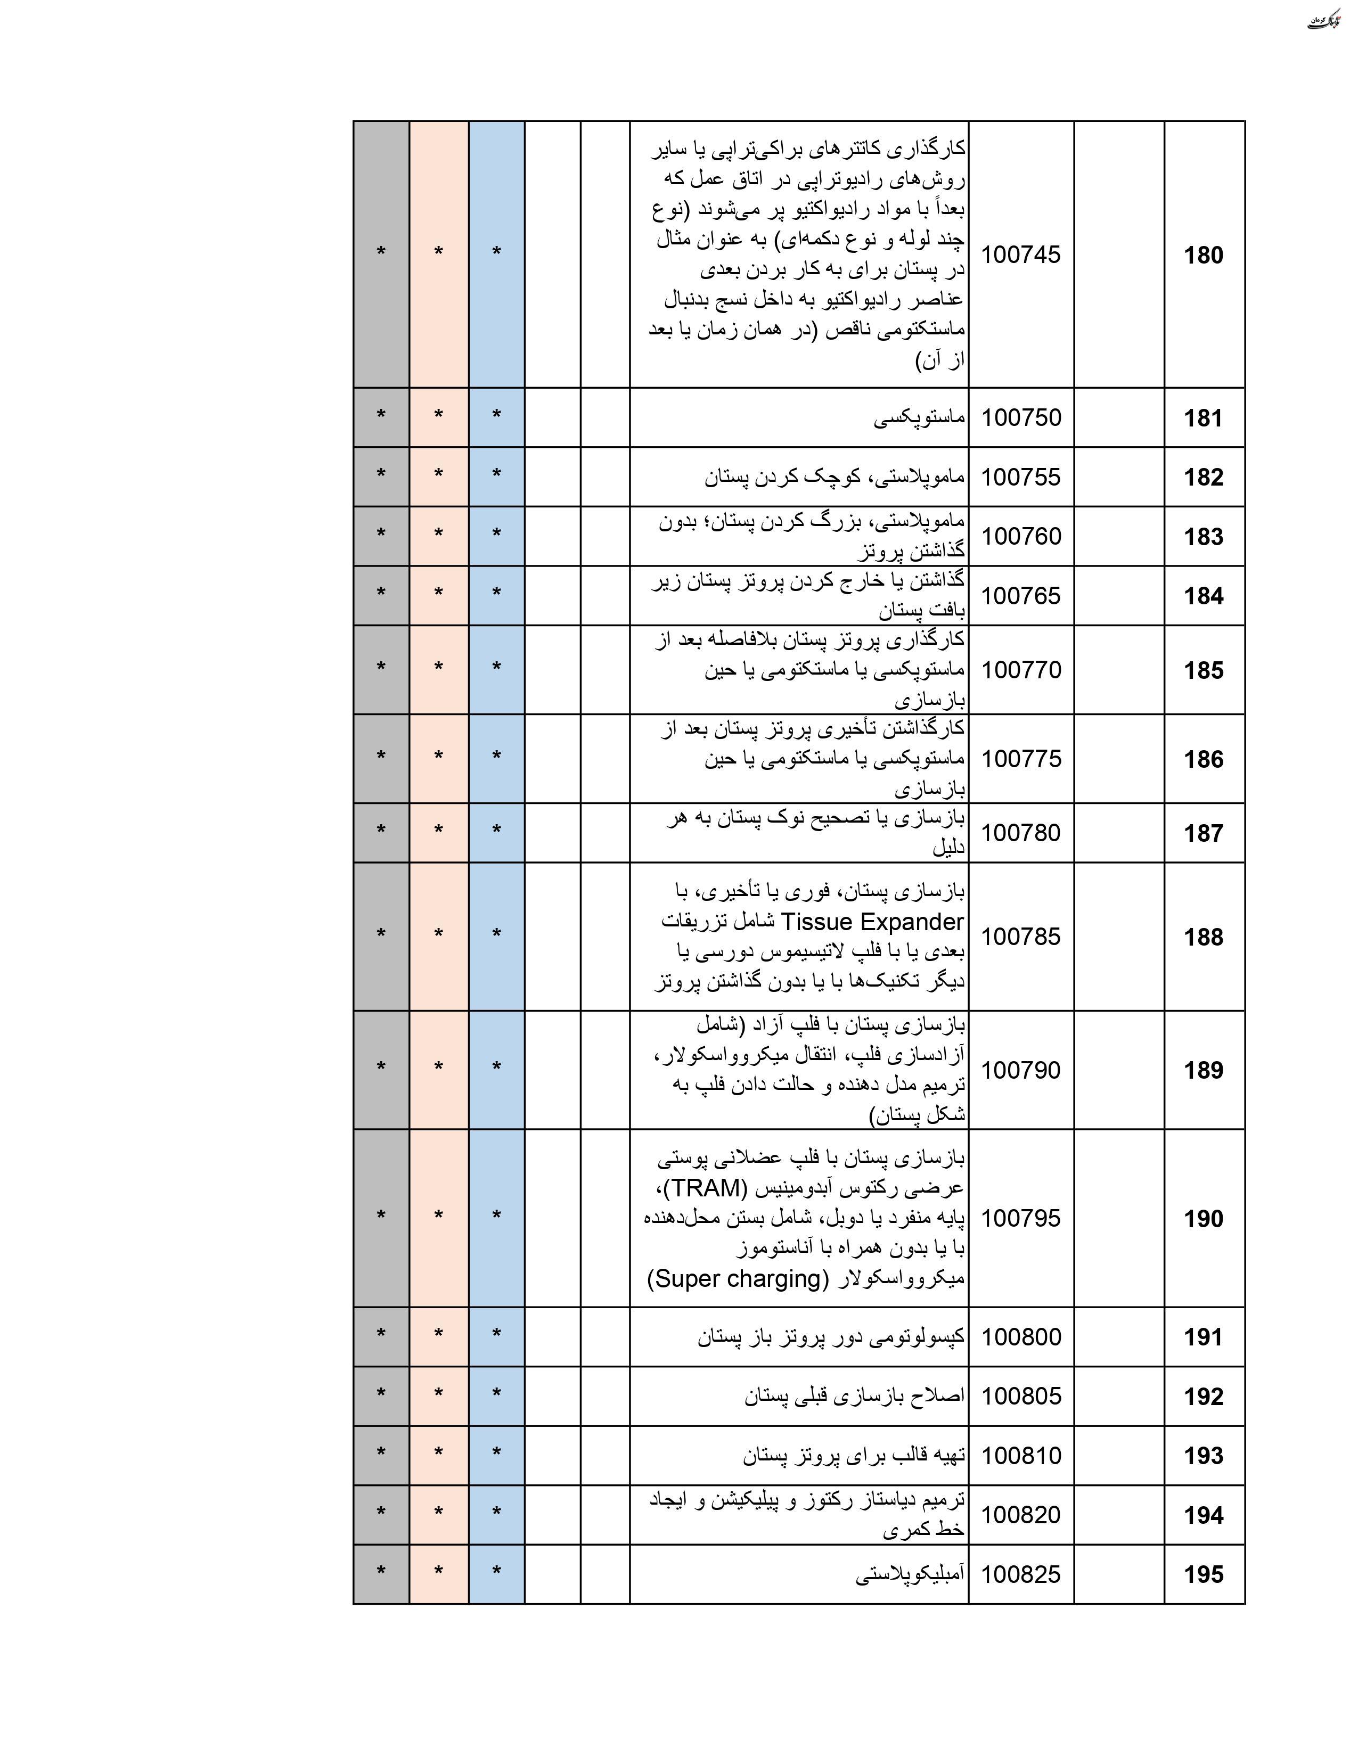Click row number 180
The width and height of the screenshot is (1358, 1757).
[x=1202, y=256]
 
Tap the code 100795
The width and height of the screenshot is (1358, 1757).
[x=1021, y=1218]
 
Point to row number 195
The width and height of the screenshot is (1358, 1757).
[x=1202, y=1574]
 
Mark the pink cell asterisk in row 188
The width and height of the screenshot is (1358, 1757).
[x=438, y=935]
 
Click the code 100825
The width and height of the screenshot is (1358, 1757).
[x=1021, y=1574]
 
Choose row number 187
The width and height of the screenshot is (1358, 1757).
[x=1202, y=833]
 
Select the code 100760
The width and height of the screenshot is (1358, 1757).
[x=1021, y=537]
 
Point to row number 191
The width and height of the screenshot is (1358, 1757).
[x=1202, y=1337]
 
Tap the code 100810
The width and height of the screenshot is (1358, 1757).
[x=1021, y=1455]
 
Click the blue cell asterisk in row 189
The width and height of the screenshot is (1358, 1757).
[x=496, y=1069]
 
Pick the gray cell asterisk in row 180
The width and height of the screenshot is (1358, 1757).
[x=381, y=252]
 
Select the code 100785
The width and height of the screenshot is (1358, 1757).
[x=1021, y=937]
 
